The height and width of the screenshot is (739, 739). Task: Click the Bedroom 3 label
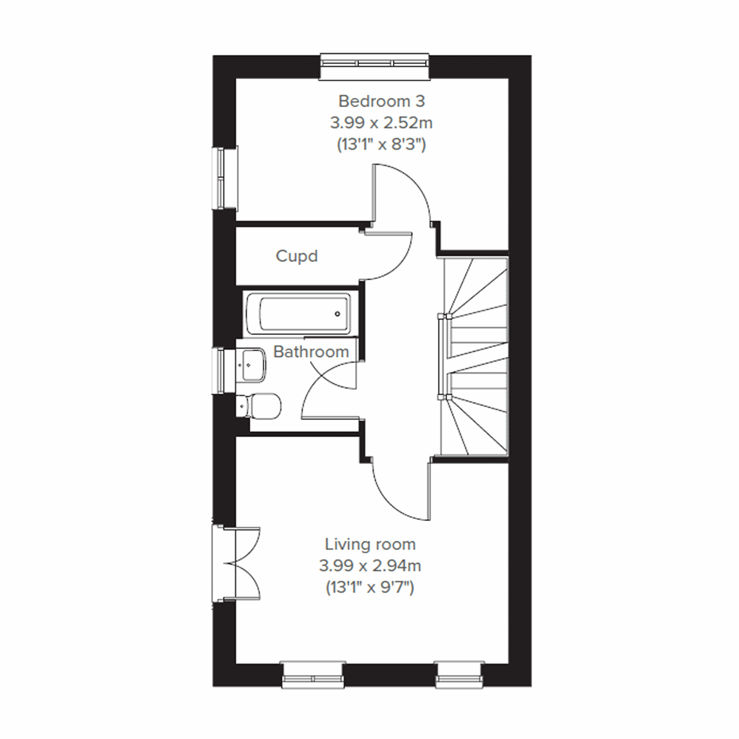point(381,100)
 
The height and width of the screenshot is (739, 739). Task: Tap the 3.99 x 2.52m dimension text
point(381,123)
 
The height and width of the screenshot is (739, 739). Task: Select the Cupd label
point(297,256)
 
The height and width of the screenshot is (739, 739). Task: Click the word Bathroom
point(311,352)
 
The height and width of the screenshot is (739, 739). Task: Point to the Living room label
point(370,544)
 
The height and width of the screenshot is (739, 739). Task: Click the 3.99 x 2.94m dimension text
point(370,565)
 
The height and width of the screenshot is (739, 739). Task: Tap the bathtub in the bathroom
point(297,313)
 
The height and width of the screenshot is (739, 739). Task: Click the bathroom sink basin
point(252,364)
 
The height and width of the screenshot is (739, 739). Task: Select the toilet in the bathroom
point(262,405)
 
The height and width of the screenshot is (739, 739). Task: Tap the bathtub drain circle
point(337,314)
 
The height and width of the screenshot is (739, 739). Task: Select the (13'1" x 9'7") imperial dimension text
point(370,588)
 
